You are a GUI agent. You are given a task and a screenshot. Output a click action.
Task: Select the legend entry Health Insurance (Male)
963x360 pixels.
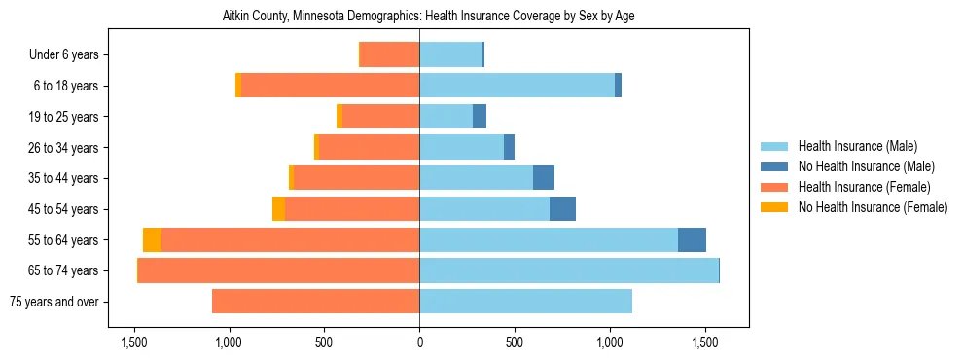tap(857, 146)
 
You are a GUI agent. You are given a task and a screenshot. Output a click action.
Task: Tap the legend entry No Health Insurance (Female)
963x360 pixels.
tap(873, 207)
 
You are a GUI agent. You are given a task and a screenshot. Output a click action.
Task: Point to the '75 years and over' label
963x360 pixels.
tap(53, 302)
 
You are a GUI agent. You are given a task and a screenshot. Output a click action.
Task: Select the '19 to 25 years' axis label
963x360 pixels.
tap(59, 117)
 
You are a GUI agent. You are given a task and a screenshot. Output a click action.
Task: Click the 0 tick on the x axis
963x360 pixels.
tap(419, 342)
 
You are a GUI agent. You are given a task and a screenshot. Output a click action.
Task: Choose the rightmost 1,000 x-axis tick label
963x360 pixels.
tap(610, 342)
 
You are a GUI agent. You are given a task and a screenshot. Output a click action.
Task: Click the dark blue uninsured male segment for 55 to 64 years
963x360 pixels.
tap(692, 240)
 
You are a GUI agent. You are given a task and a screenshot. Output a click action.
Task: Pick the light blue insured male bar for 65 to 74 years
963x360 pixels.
tap(569, 270)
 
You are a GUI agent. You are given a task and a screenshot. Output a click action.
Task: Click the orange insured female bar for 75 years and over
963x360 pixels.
tap(315, 302)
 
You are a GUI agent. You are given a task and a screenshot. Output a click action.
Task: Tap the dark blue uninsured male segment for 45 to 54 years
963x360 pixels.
tap(562, 209)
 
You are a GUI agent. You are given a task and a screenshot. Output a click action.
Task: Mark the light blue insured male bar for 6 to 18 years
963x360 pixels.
tap(517, 86)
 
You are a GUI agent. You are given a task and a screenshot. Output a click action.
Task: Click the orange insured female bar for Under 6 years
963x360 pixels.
tap(389, 55)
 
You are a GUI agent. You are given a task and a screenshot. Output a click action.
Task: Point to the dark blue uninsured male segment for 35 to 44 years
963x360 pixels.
tap(544, 178)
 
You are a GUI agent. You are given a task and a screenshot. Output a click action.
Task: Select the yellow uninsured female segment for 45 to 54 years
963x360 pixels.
tap(278, 209)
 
